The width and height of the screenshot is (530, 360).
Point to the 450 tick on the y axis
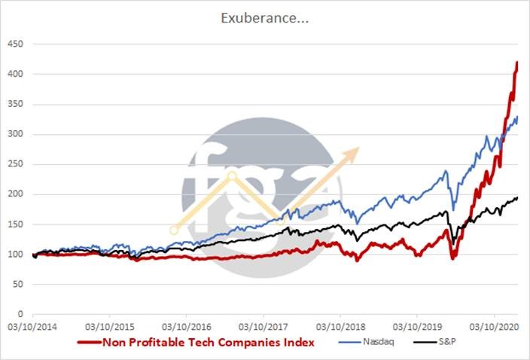17,44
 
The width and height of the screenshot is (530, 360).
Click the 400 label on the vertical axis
17,75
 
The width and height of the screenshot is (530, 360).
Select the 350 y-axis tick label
17,105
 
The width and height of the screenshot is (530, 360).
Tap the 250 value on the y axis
17,164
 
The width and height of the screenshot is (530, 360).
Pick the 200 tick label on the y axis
17,194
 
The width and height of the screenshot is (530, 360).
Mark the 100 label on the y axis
17,254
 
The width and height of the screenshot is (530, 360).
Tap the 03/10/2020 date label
494,328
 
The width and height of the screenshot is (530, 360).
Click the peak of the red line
517,63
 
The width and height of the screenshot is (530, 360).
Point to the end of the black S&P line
517,197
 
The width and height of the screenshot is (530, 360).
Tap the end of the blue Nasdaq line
517,117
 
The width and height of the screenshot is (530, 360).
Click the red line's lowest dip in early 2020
453,258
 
